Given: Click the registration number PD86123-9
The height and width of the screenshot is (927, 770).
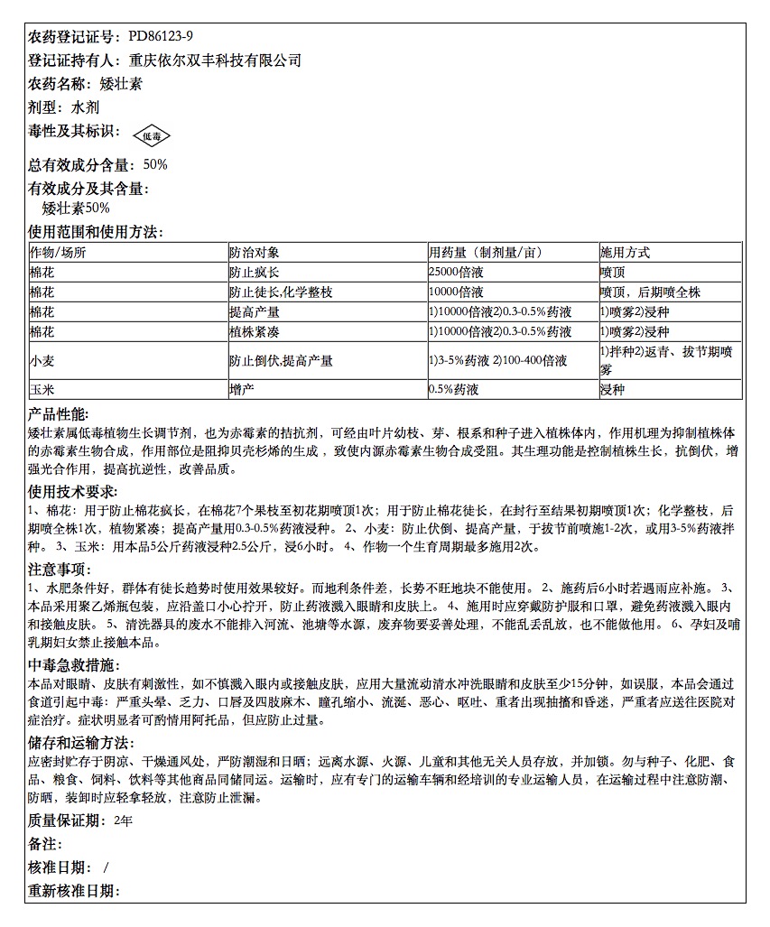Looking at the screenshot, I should coord(161,37).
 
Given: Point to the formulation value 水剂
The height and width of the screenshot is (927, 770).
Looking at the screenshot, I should coord(90,107).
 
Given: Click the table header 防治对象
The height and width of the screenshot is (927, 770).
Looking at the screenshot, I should coord(255,253).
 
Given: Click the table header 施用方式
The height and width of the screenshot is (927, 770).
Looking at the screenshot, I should coord(625,253).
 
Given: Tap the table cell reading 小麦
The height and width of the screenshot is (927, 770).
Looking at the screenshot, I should coord(42,361).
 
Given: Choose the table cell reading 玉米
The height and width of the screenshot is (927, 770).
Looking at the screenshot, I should coord(42,390).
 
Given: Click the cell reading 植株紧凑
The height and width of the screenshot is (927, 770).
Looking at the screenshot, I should coord(255,332).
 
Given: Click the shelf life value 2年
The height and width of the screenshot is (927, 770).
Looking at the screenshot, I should coord(124,821).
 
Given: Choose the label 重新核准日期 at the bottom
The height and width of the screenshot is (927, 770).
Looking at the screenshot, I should coord(74,891).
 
